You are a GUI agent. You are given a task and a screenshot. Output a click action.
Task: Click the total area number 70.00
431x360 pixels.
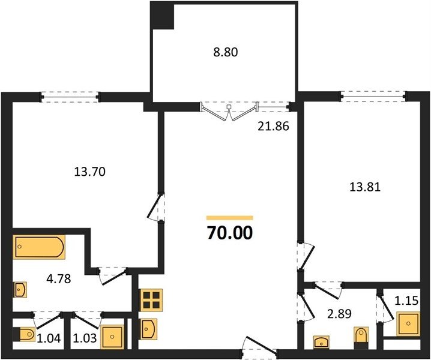pyautogui.click(x=229, y=233)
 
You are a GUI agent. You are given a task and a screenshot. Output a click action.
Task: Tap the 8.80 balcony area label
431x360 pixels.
pyautogui.click(x=226, y=52)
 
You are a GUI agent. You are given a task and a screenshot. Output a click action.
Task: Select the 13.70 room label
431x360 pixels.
pyautogui.click(x=90, y=172)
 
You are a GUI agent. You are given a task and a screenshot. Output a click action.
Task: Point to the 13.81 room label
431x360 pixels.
pyautogui.click(x=365, y=187)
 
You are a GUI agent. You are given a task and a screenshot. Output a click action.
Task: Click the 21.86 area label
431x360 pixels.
pyautogui.click(x=274, y=127)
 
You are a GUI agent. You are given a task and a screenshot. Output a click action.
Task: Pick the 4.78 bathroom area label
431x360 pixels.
pyautogui.click(x=59, y=279)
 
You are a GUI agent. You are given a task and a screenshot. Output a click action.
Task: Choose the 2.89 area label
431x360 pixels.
pyautogui.click(x=339, y=314)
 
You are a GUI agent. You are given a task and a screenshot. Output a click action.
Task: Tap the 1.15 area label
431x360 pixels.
pyautogui.click(x=406, y=301)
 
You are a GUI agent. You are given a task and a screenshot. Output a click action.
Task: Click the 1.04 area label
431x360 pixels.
pyautogui.click(x=49, y=338)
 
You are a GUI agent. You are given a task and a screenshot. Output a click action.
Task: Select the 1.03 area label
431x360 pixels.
pyautogui.click(x=85, y=338)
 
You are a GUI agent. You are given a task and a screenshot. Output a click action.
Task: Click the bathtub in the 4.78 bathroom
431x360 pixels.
pyautogui.click(x=39, y=247)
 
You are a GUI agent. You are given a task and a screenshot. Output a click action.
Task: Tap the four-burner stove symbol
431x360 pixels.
pyautogui.click(x=151, y=299)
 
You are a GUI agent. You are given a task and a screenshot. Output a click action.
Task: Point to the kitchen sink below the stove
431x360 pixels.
pyautogui.click(x=149, y=329)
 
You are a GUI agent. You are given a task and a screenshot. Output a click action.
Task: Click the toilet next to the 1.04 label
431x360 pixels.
pyautogui.click(x=24, y=334)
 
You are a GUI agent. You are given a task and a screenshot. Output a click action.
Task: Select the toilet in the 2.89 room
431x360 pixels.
pyautogui.click(x=361, y=338)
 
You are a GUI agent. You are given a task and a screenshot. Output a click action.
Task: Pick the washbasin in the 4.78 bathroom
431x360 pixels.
pyautogui.click(x=20, y=289)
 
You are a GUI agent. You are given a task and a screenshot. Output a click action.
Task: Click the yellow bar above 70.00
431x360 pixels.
pyautogui.click(x=229, y=218)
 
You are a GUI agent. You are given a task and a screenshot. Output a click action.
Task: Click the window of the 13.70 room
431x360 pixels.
pyautogui.click(x=70, y=97)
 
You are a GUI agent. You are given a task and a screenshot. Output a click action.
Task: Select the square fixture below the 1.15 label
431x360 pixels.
pyautogui.click(x=408, y=324)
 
